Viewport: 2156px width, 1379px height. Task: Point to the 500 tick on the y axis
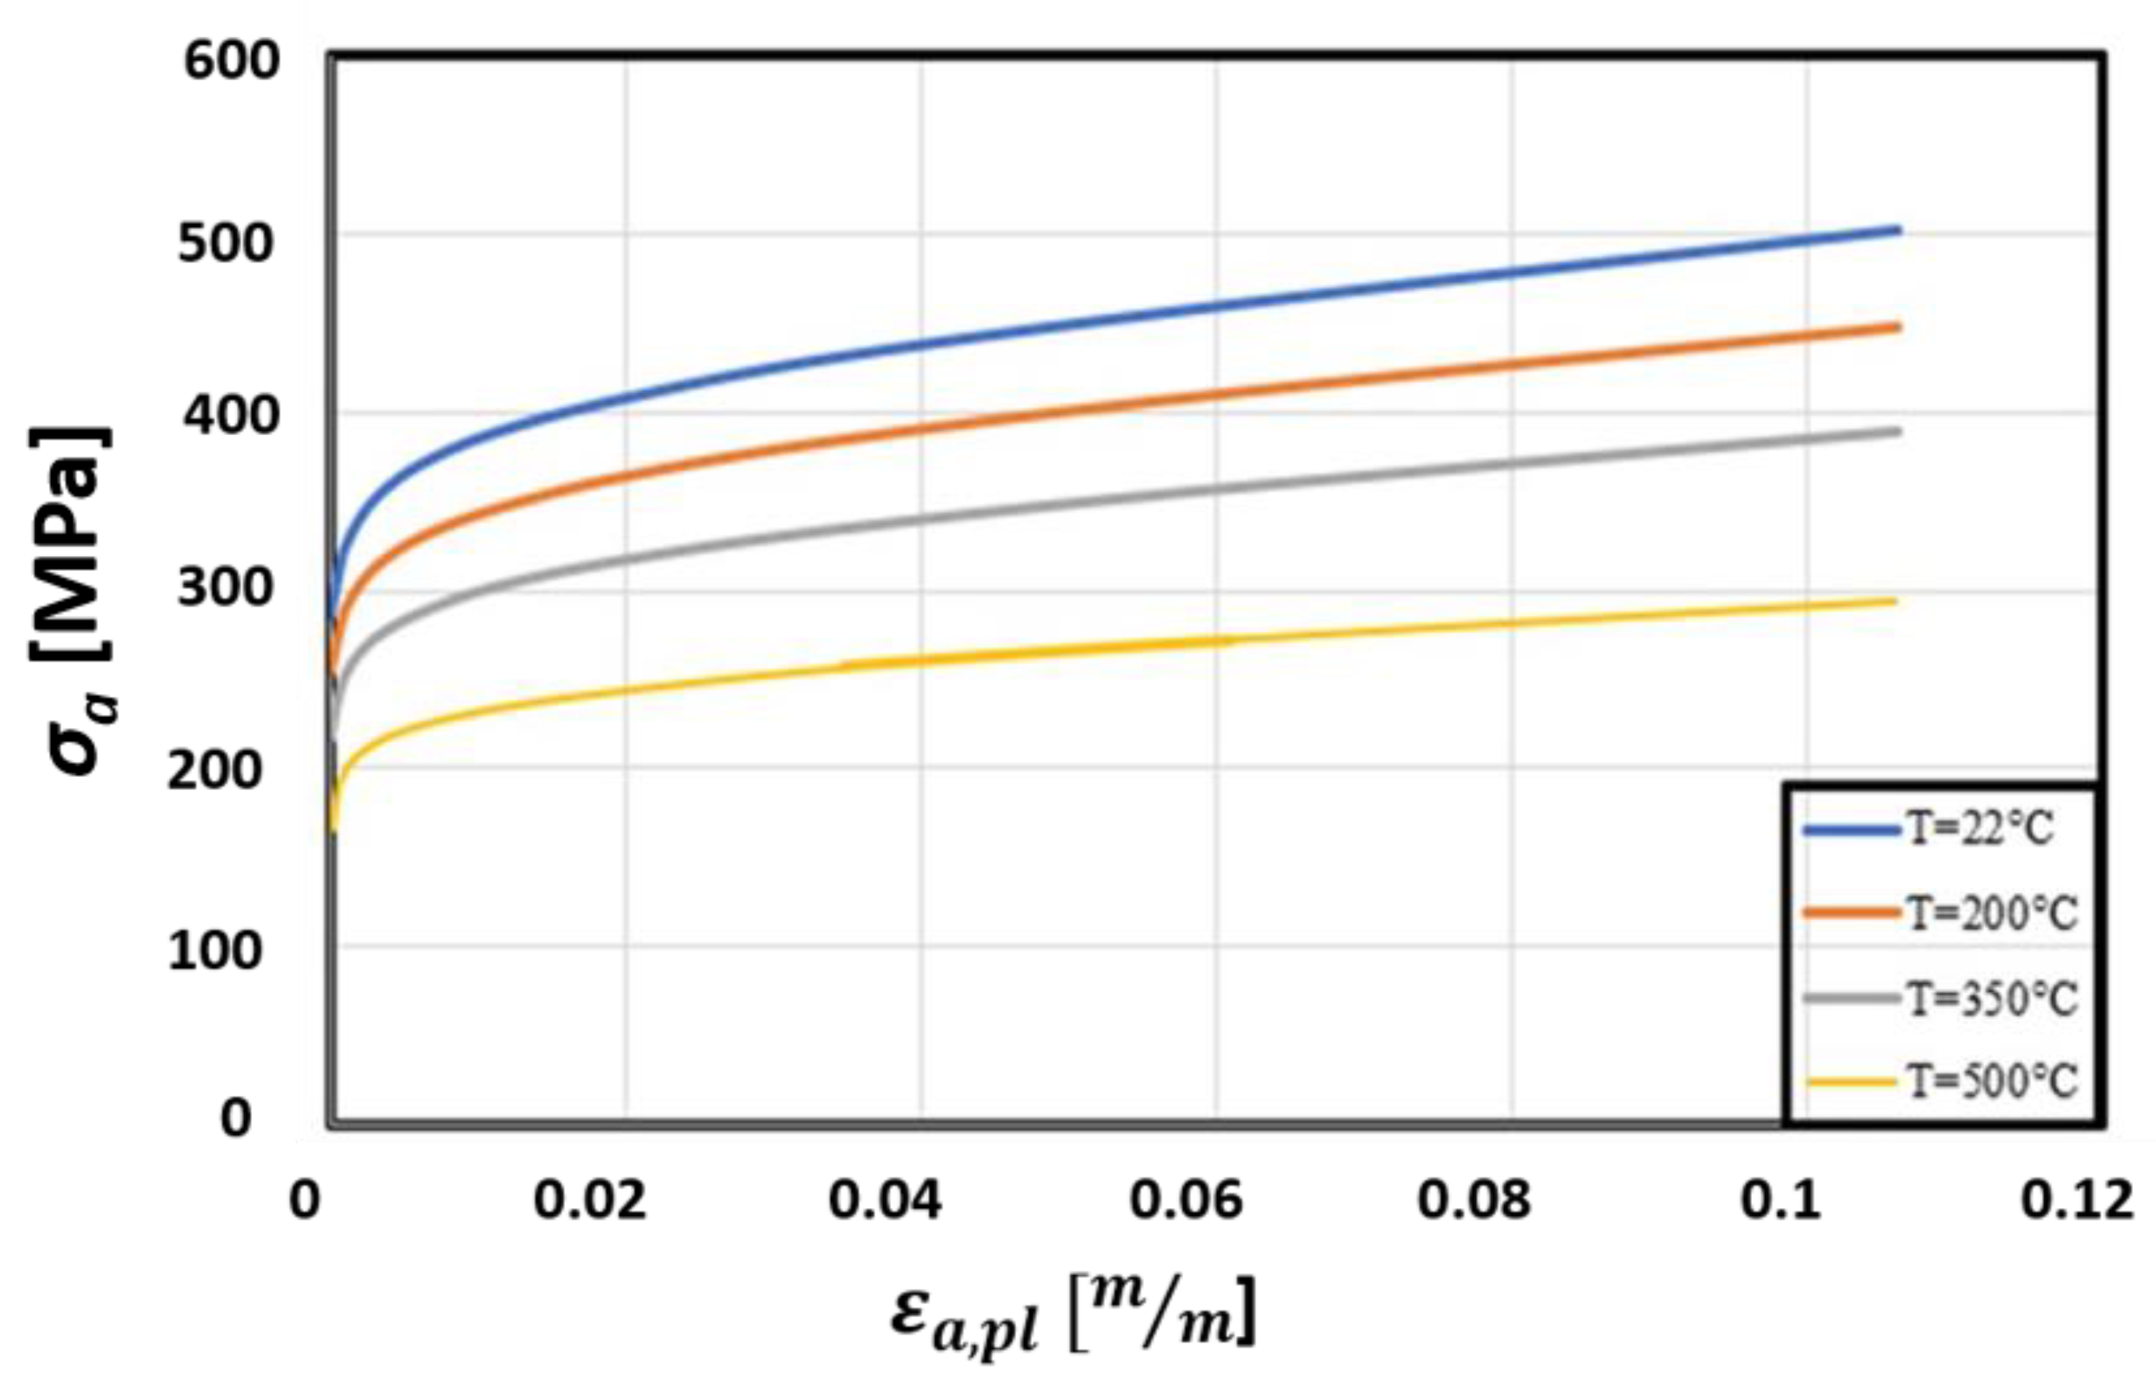click(224, 243)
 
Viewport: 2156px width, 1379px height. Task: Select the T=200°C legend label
click(1989, 913)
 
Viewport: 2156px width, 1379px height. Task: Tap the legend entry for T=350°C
click(1989, 998)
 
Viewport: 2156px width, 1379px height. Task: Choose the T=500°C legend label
click(1989, 1082)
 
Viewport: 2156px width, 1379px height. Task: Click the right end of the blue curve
click(1897, 230)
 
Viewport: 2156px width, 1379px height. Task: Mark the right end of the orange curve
click(1897, 327)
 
